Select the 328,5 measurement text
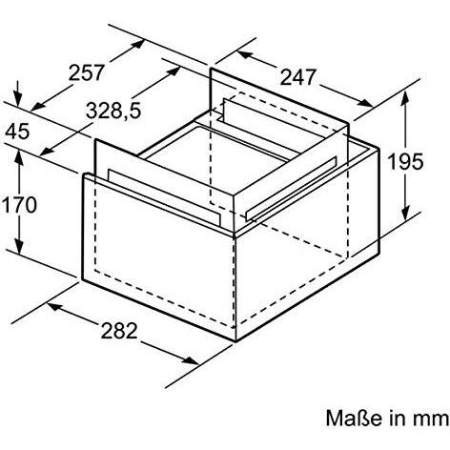pos(112,112)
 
